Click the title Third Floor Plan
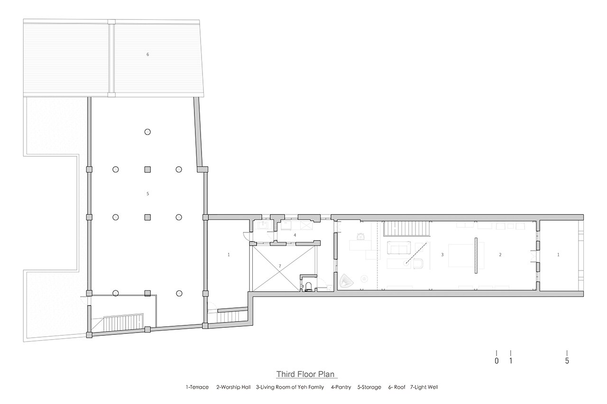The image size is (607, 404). pyautogui.click(x=305, y=374)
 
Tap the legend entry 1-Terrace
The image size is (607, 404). pyautogui.click(x=197, y=387)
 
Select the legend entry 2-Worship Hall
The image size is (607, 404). pyautogui.click(x=233, y=387)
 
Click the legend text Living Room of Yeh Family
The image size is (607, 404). pyautogui.click(x=292, y=387)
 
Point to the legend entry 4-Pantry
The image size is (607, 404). pyautogui.click(x=341, y=387)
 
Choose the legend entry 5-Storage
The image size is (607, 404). pyautogui.click(x=369, y=387)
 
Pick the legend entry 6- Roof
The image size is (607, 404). pyautogui.click(x=397, y=387)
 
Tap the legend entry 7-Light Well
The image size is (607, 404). pyautogui.click(x=424, y=387)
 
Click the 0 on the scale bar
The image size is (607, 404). pyautogui.click(x=497, y=361)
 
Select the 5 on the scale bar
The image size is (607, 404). pyautogui.click(x=567, y=361)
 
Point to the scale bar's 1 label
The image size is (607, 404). pyautogui.click(x=511, y=361)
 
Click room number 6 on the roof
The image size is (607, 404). pyautogui.click(x=147, y=54)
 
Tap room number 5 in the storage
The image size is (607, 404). pyautogui.click(x=147, y=194)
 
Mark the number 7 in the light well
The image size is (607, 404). pyautogui.click(x=280, y=266)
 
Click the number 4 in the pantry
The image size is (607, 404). pyautogui.click(x=295, y=235)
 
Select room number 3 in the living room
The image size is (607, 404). pyautogui.click(x=442, y=255)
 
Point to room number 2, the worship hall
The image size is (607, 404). pyautogui.click(x=500, y=255)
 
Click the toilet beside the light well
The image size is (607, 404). pyautogui.click(x=308, y=286)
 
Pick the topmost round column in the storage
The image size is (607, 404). pyautogui.click(x=147, y=132)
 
